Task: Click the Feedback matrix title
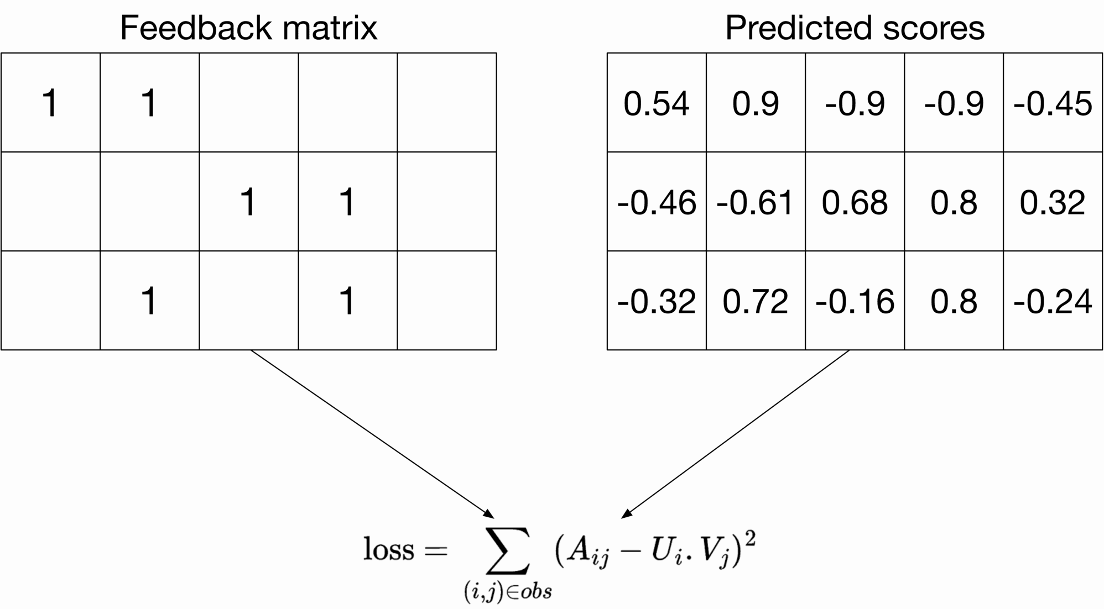[248, 28]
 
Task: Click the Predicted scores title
[855, 28]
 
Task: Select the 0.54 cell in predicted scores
[657, 103]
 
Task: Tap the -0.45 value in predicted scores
[1053, 103]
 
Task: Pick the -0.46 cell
[657, 202]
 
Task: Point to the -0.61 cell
[756, 202]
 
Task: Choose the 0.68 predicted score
[855, 202]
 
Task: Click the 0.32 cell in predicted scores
[1053, 202]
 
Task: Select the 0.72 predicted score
[756, 302]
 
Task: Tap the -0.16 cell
[855, 302]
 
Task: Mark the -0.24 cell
[1053, 302]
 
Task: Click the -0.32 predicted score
[657, 302]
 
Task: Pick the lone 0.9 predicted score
[756, 103]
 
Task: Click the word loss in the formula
[388, 550]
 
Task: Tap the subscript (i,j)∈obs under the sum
[508, 592]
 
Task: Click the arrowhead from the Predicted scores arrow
[626, 514]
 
